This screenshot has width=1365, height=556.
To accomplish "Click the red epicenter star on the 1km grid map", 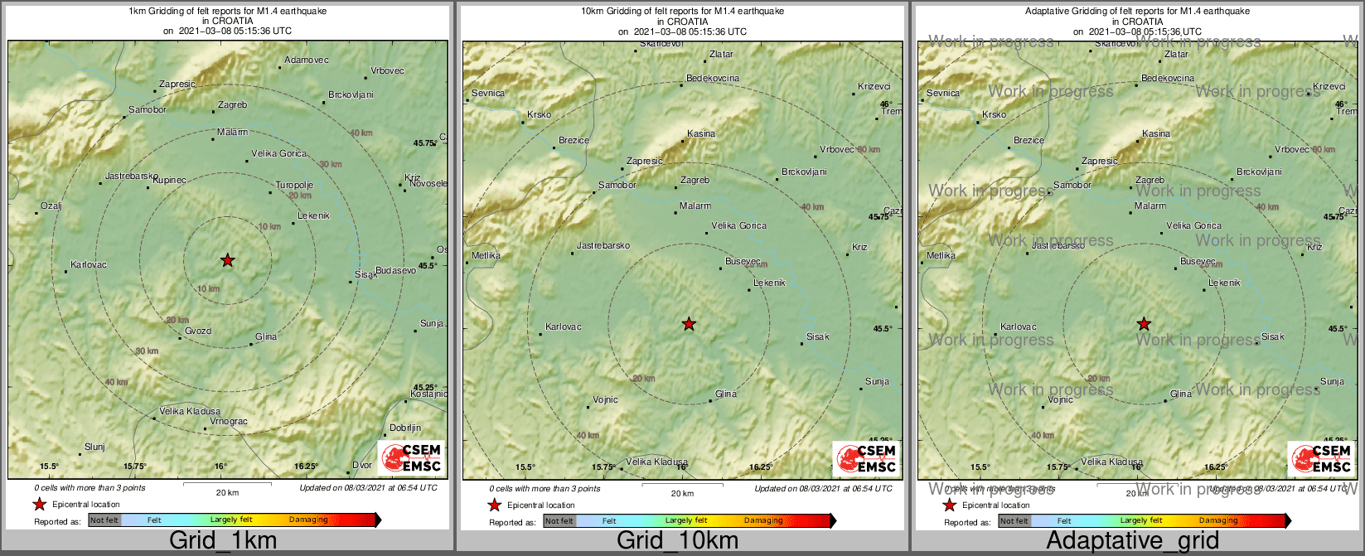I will (x=228, y=261).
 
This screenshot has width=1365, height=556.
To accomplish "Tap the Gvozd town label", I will (x=198, y=331).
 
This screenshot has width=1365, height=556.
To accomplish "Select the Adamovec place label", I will (x=306, y=60).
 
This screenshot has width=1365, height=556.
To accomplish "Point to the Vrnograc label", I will (x=229, y=422).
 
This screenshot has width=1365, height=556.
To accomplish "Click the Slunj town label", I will (x=94, y=447).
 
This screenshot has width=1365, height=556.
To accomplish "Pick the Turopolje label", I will (x=293, y=185).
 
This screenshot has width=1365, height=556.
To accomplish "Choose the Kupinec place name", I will (x=169, y=180).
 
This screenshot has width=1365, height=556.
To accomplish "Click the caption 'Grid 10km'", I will (x=677, y=541).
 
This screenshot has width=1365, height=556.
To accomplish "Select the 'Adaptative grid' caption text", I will (x=1132, y=541).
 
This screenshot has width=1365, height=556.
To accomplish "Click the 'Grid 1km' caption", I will (x=223, y=541).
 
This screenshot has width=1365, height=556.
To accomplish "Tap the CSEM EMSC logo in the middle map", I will (x=865, y=458).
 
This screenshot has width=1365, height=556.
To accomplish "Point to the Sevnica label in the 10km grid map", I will (x=488, y=94).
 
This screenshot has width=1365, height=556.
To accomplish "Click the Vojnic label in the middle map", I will (x=605, y=400).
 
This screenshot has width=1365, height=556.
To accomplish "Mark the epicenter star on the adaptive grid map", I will (x=1144, y=324).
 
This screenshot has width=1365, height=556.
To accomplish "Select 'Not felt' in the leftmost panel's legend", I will (x=104, y=520).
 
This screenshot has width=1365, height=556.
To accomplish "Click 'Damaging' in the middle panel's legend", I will (x=763, y=520).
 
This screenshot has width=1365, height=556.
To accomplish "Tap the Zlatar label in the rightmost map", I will (x=1176, y=55).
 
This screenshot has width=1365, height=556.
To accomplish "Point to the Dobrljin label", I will (x=405, y=428).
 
